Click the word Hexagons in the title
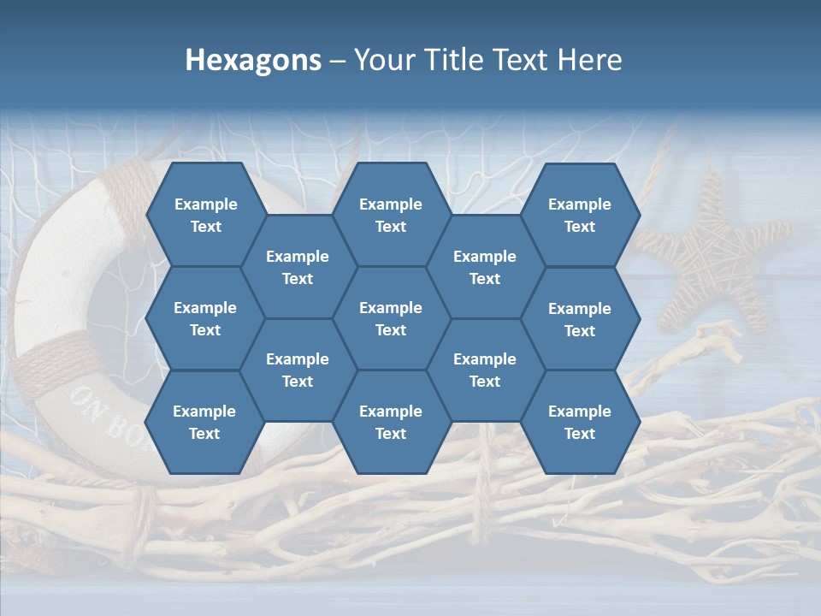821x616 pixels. pyautogui.click(x=253, y=60)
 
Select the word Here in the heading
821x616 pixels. pyautogui.click(x=589, y=60)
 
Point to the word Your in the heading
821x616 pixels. pyautogui.click(x=383, y=60)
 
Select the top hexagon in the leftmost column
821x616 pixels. pyautogui.click(x=205, y=215)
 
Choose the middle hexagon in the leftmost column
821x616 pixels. pyautogui.click(x=205, y=318)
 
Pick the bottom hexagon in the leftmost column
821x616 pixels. pyautogui.click(x=204, y=422)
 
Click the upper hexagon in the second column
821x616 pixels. pyautogui.click(x=298, y=267)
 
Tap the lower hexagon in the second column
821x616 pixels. pyautogui.click(x=298, y=370)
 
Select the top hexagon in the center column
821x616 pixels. pyautogui.click(x=391, y=215)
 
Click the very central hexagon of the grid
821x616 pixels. pyautogui.click(x=391, y=318)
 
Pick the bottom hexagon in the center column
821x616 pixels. pyautogui.click(x=391, y=422)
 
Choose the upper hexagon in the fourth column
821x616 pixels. pyautogui.click(x=485, y=267)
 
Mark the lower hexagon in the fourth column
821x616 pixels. pyautogui.click(x=485, y=370)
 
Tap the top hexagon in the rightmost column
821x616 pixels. pyautogui.click(x=580, y=215)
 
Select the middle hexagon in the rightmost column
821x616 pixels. pyautogui.click(x=580, y=319)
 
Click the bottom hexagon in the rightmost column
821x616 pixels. pyautogui.click(x=580, y=422)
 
